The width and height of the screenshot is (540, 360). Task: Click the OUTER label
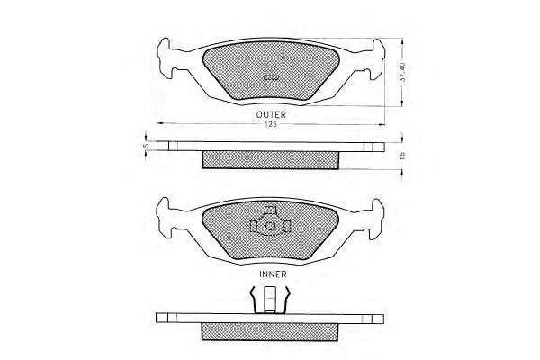coord(271,114)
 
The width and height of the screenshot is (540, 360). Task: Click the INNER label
coord(273,274)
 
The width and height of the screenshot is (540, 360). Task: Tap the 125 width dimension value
coord(271,125)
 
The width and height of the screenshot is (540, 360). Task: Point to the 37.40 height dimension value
coord(402,72)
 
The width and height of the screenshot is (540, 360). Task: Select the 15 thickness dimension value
coord(403,156)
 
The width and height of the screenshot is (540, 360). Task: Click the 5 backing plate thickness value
coord(146,146)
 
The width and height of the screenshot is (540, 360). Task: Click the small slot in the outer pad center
coord(271,78)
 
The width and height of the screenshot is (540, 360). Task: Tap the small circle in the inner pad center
coord(271,226)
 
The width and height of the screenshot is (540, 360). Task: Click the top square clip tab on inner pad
coord(270,210)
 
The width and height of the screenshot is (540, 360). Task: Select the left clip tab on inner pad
coord(254,226)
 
